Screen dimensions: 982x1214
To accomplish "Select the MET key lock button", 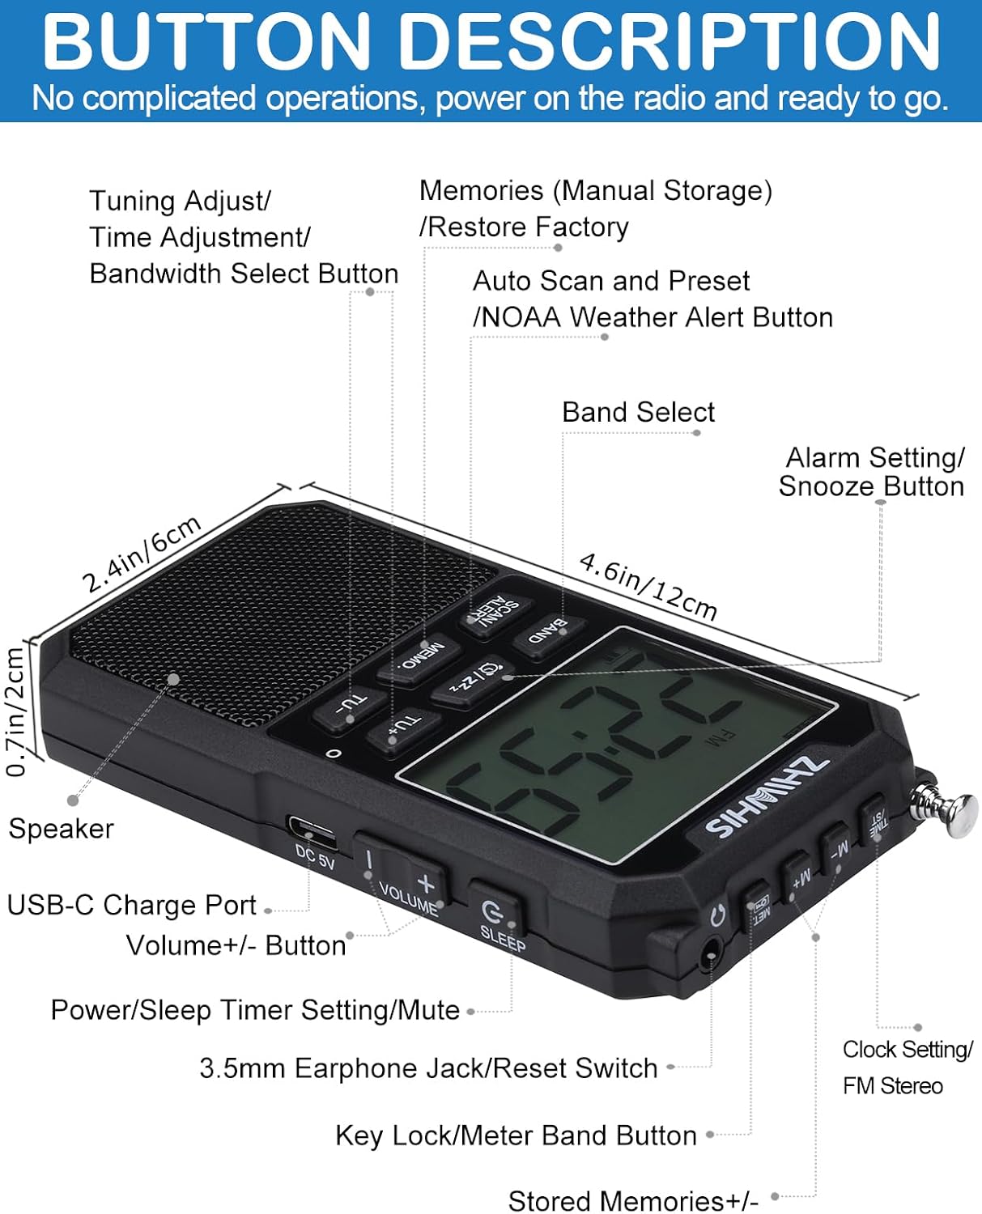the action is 759,905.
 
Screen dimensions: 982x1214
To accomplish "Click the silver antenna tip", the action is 960,816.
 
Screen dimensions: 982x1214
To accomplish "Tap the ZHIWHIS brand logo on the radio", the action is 766,797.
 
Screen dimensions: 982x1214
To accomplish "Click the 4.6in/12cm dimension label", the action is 648,586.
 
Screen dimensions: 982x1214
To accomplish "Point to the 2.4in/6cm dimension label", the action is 142,554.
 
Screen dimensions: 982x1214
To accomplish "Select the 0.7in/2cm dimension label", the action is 15,712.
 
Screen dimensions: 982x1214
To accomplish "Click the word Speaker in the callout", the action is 61,829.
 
